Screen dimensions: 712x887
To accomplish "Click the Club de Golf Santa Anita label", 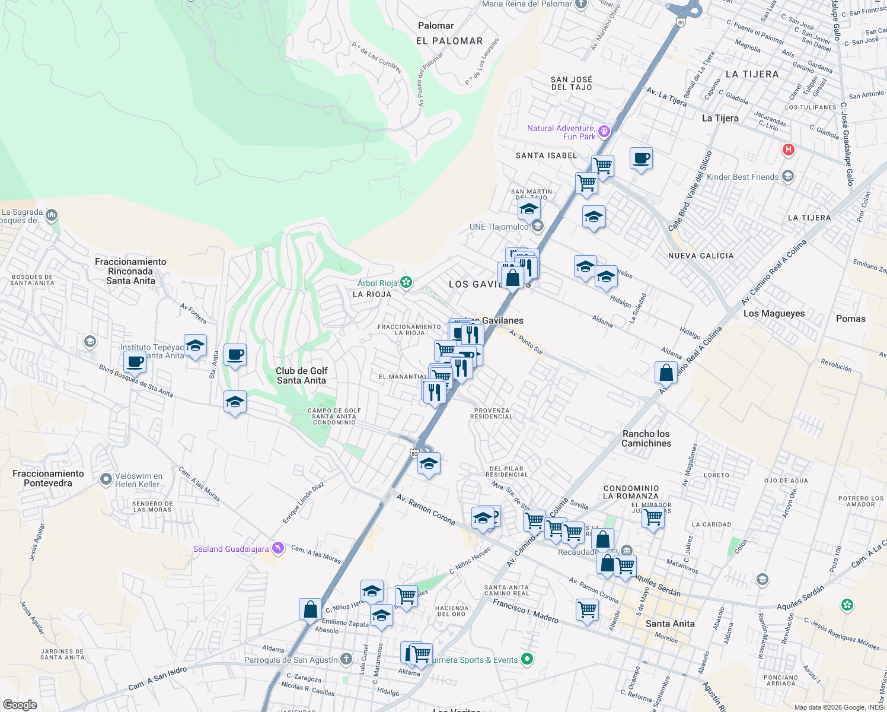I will [x=301, y=376].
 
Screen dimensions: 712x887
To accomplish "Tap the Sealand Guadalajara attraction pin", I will [x=277, y=548].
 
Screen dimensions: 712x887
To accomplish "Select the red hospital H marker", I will [x=788, y=150].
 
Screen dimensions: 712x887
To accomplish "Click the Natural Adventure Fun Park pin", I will [x=604, y=131].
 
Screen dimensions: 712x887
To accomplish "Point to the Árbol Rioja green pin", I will [x=406, y=282].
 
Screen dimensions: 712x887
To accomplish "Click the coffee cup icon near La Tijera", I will [x=641, y=158].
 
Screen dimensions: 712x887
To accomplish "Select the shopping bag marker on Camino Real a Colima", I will [x=666, y=373].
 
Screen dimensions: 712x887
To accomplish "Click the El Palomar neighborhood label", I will [x=449, y=41].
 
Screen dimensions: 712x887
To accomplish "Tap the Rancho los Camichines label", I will [x=646, y=438].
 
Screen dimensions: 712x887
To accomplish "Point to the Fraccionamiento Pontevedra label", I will [x=48, y=478].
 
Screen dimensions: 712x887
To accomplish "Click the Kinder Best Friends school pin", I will [x=788, y=176].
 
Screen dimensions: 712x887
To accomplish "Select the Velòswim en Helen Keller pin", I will [x=106, y=479].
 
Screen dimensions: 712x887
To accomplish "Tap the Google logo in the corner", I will [x=20, y=704].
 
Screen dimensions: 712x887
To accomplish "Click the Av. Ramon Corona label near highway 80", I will [x=426, y=510].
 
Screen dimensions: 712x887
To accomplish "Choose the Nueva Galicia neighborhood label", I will [x=701, y=256].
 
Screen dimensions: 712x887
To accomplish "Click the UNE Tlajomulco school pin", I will [x=537, y=226].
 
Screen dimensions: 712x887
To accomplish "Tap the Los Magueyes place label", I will [x=774, y=313].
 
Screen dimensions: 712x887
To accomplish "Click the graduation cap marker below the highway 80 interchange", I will [x=428, y=464].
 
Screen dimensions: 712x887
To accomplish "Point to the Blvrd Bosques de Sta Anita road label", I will [x=136, y=380].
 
